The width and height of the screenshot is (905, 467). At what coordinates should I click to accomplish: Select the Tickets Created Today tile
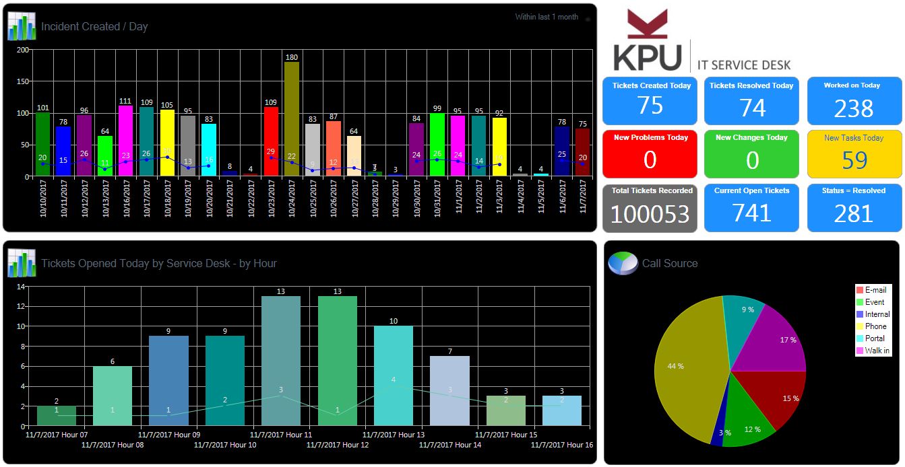click(650, 100)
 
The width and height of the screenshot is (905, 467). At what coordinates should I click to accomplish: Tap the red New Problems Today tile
click(650, 153)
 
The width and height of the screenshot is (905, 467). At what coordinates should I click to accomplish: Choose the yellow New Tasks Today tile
click(854, 153)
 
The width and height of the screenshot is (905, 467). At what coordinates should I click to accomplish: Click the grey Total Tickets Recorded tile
click(650, 207)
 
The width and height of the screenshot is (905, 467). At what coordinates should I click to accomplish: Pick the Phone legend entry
click(875, 326)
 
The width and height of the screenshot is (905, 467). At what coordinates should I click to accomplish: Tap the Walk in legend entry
click(877, 351)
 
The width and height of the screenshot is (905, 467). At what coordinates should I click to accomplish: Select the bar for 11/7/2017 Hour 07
click(57, 415)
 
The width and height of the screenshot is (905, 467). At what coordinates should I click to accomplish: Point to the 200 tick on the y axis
click(23, 50)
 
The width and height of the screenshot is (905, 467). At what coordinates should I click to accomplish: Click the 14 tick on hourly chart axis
click(21, 287)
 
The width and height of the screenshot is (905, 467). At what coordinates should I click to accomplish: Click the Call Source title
click(669, 263)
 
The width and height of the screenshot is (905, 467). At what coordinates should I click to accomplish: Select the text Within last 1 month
click(547, 17)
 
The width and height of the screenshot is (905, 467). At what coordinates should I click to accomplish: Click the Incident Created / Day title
click(94, 27)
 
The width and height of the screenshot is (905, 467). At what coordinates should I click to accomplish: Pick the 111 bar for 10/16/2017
click(125, 141)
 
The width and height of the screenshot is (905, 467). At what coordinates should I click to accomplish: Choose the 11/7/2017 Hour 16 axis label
click(562, 445)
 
